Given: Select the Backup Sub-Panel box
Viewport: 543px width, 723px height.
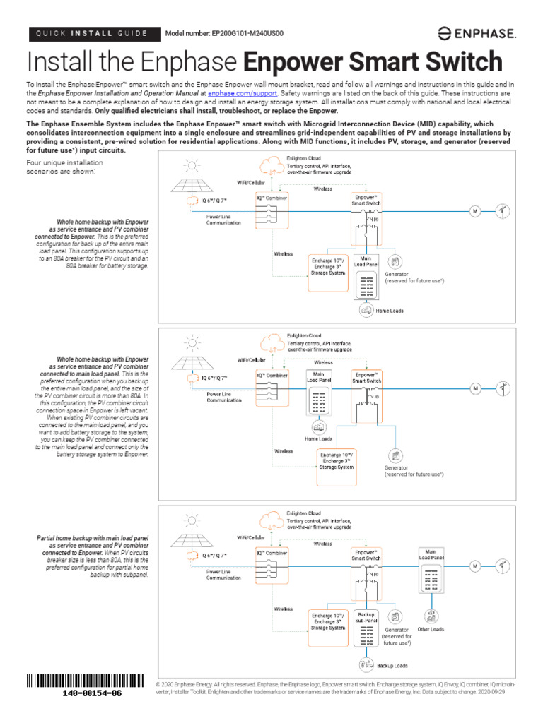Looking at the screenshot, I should (366, 611).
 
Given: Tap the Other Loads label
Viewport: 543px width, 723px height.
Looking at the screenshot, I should (431, 609).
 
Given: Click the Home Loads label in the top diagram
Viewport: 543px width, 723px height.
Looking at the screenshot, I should (390, 310).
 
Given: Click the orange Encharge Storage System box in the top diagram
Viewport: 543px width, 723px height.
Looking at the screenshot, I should (328, 265).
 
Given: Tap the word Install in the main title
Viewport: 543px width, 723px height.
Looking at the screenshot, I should (59, 61).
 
